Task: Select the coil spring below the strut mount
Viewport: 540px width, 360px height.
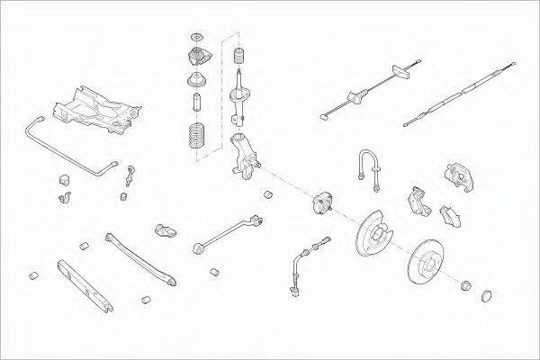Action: click(195, 139)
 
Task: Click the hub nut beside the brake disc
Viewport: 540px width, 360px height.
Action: click(466, 285)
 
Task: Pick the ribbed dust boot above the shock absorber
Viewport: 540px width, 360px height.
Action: click(239, 58)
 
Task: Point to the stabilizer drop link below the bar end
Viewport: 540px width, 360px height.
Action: click(132, 175)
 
